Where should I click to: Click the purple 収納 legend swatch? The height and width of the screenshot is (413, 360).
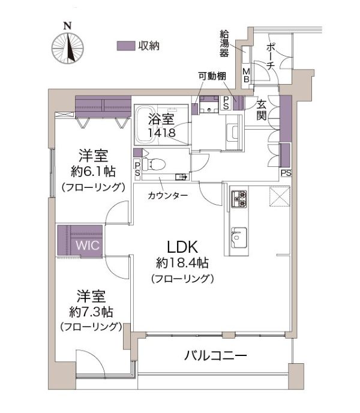(x=126, y=46)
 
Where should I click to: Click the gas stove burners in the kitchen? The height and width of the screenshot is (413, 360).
(x=239, y=199)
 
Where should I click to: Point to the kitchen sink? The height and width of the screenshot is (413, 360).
(x=239, y=237)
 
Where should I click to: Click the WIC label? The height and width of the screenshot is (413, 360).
(x=88, y=246)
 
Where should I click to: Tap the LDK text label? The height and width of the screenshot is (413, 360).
(x=182, y=247)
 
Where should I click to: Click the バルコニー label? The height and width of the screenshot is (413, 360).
(x=215, y=356)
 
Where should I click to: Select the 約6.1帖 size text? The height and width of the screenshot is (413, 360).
(x=93, y=172)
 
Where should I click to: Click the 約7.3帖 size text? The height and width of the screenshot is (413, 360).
(x=91, y=312)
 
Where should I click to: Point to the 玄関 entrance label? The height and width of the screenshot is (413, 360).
(x=261, y=110)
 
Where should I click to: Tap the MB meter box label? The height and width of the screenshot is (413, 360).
(x=247, y=75)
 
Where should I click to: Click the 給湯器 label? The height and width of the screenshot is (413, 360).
(x=224, y=44)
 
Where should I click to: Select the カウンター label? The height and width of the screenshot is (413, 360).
(x=168, y=196)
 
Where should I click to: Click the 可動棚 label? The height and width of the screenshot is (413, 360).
(x=212, y=76)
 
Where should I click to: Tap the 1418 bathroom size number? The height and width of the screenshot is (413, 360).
(x=161, y=133)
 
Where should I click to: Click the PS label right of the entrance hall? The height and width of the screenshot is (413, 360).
(x=286, y=173)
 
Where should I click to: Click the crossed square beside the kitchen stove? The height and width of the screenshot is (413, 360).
(x=280, y=196)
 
